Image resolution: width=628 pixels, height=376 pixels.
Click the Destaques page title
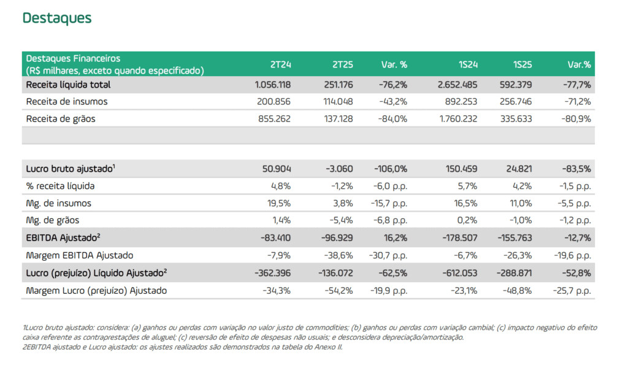click(x=57, y=18)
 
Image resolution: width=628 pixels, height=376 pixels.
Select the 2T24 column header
click(x=281, y=64)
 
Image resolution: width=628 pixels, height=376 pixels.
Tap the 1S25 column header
click(x=522, y=64)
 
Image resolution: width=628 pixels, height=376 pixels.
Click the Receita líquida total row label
click(x=68, y=85)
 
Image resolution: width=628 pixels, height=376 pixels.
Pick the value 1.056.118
click(x=272, y=85)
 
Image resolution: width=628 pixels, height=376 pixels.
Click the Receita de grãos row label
click(x=61, y=119)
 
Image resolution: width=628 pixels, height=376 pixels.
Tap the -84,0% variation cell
click(x=391, y=119)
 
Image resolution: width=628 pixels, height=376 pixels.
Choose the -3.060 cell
click(x=339, y=168)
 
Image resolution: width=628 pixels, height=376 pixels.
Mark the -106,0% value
click(x=390, y=168)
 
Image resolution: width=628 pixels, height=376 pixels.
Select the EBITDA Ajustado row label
click(x=63, y=237)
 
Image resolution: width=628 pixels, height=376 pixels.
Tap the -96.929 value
click(x=337, y=237)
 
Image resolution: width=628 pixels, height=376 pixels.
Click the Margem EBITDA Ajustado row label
click(x=80, y=255)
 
